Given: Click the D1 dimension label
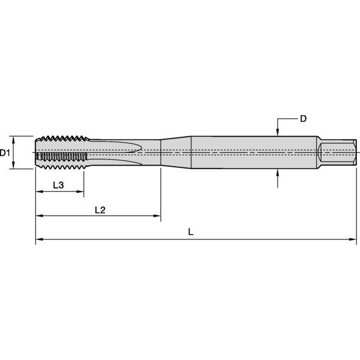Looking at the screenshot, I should (x=5, y=153).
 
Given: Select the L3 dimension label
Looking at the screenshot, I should (x=58, y=185).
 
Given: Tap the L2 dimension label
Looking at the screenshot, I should (x=100, y=209).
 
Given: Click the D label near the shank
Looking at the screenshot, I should (x=303, y=119).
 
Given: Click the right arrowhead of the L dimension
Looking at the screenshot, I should (x=353, y=240).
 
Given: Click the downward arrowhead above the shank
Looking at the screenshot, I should (x=278, y=132).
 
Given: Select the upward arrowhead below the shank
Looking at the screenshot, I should (x=278, y=173).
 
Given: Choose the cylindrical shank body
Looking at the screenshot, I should (x=252, y=152).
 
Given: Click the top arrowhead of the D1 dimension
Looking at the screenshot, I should (x=14, y=139).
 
